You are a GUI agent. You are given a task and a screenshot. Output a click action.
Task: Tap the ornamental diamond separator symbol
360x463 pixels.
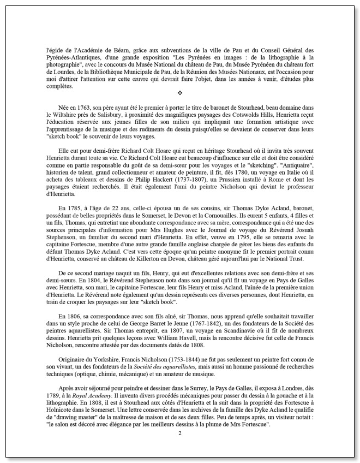(179, 94)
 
